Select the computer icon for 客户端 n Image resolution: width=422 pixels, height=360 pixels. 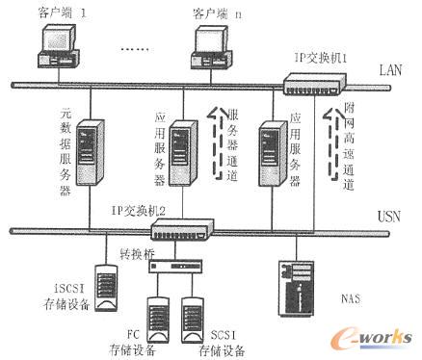[x=213, y=47]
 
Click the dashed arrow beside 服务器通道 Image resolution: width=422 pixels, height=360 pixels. [x=215, y=142]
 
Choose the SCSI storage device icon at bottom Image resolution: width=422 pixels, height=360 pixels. [x=194, y=319]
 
